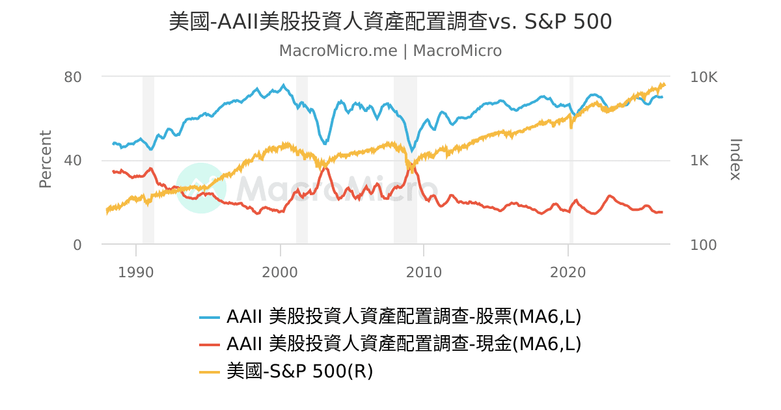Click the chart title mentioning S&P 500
pyautogui.click(x=390, y=21)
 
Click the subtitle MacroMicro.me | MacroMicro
pyautogui.click(x=390, y=51)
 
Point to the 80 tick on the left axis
pyautogui.click(x=72, y=77)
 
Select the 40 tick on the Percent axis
pyautogui.click(x=72, y=160)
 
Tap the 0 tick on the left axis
pyautogui.click(x=77, y=245)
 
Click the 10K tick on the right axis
pyautogui.click(x=704, y=77)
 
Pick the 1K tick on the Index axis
pyautogui.click(x=699, y=160)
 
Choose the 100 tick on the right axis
pyautogui.click(x=704, y=245)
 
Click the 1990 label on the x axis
pyautogui.click(x=135, y=272)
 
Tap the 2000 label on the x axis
pyautogui.click(x=280, y=272)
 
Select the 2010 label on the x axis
pyautogui.click(x=424, y=272)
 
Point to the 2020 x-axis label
pyautogui.click(x=568, y=272)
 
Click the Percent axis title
pyautogui.click(x=46, y=159)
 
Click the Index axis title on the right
pyautogui.click(x=735, y=159)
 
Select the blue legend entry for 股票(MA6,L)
pyautogui.click(x=390, y=316)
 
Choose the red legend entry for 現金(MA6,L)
pyautogui.click(x=390, y=344)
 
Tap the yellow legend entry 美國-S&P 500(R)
pyautogui.click(x=286, y=371)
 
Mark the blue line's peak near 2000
pyautogui.click(x=284, y=85)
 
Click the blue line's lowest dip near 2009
pyautogui.click(x=413, y=151)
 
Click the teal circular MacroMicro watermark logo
pyautogui.click(x=201, y=188)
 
